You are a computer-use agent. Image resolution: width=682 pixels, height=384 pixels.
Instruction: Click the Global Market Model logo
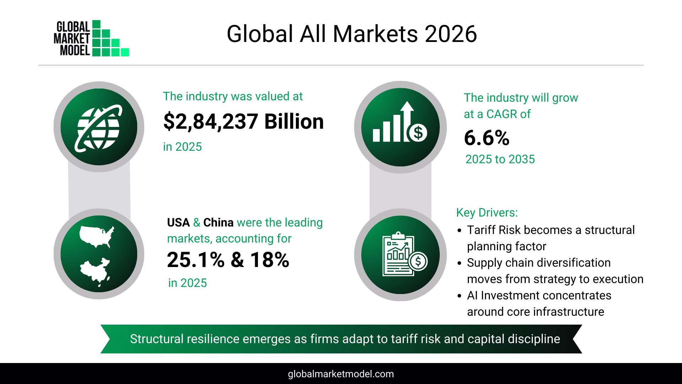(91, 38)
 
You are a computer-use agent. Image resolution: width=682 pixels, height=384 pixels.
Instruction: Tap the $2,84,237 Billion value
(243, 122)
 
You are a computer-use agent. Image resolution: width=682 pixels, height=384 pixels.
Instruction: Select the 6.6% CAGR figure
(486, 138)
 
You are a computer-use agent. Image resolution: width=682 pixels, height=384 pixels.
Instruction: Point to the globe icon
(99, 127)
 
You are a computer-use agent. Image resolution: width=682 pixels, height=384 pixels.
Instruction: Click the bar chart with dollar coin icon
(400, 127)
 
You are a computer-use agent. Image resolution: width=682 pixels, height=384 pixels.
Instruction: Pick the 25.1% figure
(195, 260)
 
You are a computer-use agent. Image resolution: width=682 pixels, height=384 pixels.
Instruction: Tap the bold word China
(218, 223)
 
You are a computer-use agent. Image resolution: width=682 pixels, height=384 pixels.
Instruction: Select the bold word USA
(178, 223)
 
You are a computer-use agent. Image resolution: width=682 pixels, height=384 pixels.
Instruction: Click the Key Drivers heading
(487, 213)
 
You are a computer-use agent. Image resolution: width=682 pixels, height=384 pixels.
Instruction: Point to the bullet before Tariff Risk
(460, 231)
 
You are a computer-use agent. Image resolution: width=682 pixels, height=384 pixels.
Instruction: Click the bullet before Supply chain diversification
(460, 263)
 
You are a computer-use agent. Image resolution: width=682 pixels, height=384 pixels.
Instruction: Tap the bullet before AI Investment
(460, 296)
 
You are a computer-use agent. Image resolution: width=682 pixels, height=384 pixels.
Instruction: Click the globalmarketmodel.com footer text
(341, 374)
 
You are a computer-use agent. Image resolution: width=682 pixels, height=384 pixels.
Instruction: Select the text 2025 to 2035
(500, 159)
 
